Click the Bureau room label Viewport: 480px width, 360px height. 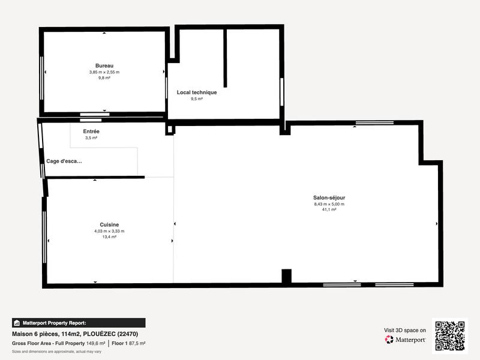104,65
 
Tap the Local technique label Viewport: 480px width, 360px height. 196,92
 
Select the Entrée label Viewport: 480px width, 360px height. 91,131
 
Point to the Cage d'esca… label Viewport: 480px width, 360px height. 64,161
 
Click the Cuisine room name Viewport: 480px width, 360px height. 109,224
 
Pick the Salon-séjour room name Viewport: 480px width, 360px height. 329,197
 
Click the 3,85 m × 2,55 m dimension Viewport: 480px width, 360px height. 104,72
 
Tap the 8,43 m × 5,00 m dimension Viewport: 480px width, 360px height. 329,204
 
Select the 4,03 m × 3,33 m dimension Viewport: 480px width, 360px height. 109,231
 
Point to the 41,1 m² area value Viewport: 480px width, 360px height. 329,210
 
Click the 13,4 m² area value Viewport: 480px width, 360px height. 109,237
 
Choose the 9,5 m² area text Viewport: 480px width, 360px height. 196,99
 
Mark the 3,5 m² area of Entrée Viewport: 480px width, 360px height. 91,137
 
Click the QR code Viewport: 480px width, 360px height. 449,336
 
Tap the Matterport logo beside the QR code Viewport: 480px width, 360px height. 406,340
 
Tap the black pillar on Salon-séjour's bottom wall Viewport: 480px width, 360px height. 286,277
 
